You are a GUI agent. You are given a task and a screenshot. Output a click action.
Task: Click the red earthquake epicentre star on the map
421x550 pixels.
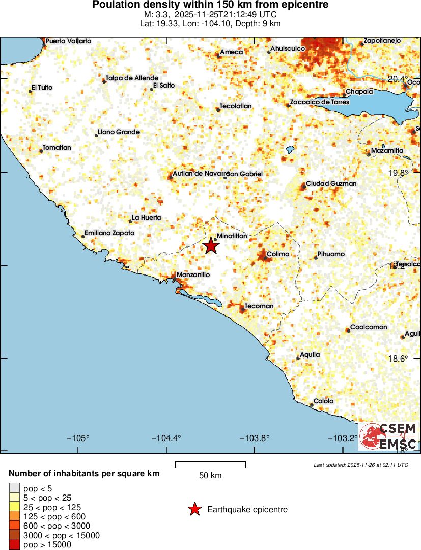point(211,246)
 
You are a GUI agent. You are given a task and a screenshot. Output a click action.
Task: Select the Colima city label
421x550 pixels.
point(278,254)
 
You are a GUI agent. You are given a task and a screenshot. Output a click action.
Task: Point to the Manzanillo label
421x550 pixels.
point(193,275)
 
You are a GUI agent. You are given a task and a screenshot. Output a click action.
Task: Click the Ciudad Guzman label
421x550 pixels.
point(331,183)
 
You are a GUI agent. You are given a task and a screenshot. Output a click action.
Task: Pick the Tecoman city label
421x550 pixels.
point(259,306)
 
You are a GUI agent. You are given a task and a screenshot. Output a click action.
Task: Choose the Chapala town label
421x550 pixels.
point(359,92)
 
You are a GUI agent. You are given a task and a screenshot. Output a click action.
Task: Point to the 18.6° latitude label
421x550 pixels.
point(398,359)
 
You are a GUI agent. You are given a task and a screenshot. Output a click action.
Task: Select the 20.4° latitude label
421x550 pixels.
point(398,79)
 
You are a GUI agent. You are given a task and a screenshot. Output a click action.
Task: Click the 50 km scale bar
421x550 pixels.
point(210,464)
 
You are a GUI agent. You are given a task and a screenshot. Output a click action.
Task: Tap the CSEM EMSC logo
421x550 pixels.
point(388,436)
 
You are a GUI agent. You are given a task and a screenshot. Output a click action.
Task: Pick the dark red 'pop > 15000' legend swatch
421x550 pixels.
point(14,545)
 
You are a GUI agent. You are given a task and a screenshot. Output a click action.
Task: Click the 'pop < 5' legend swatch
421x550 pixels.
point(14,488)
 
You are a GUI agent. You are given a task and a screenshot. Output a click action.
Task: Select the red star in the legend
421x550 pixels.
point(194,509)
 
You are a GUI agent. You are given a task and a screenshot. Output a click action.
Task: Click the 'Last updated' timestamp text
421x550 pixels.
point(361,465)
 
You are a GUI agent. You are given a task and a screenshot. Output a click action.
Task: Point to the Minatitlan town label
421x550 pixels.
point(232,236)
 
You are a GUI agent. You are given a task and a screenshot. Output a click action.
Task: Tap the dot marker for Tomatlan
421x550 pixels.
point(41,151)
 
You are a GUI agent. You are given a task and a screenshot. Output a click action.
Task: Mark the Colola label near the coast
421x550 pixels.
point(323,401)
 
